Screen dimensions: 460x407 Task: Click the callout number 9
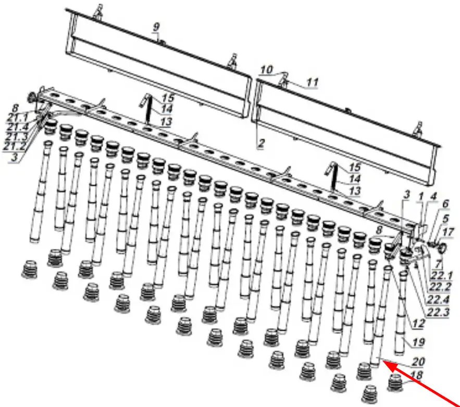156,27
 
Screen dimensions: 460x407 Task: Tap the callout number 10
267,70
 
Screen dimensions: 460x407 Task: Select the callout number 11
313,82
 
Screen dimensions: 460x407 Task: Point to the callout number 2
261,143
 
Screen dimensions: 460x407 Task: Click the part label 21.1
17,118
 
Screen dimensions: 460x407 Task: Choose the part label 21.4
17,127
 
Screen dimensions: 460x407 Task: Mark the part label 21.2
15,146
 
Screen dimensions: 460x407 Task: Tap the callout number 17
447,232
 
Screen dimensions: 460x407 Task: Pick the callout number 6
445,203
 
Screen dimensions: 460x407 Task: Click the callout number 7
438,264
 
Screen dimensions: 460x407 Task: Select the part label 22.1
441,276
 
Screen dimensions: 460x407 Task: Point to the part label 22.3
438,312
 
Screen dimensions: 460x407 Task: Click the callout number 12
419,324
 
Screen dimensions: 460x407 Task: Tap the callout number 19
419,342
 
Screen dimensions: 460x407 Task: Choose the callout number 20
418,362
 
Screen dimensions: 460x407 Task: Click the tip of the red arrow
383,362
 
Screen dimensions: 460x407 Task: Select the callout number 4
433,196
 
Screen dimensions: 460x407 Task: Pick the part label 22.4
438,300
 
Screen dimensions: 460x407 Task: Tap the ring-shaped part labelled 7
442,248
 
